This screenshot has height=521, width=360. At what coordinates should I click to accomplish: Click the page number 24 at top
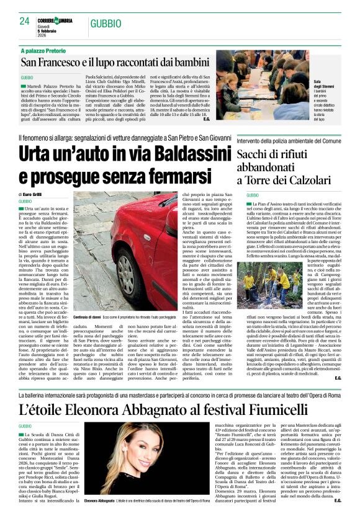point(24,22)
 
